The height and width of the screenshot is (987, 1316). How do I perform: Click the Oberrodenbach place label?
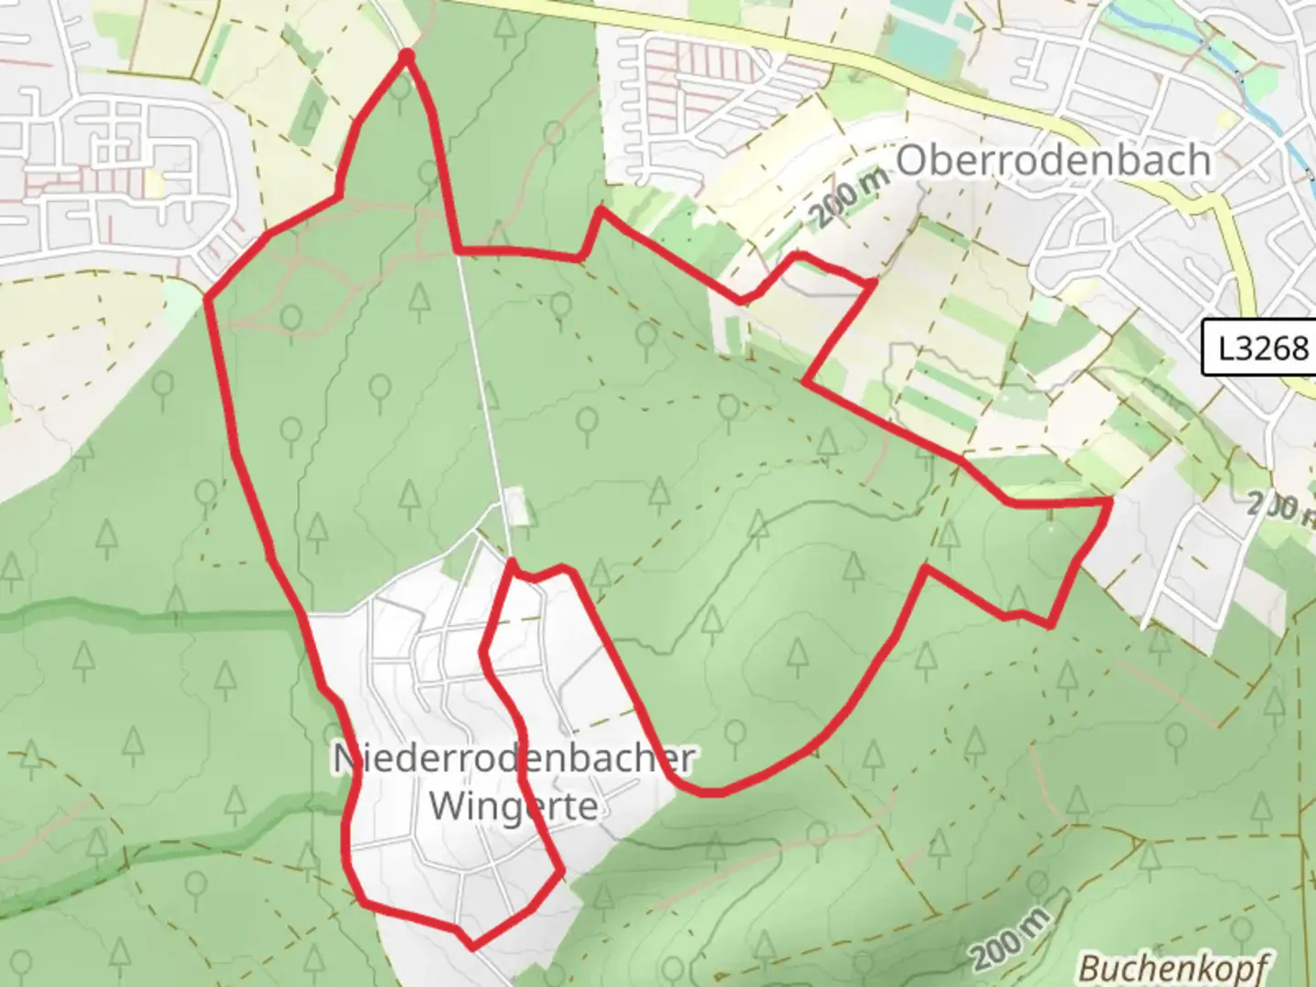pos(1054,161)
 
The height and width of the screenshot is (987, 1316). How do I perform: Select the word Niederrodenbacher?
pos(514,759)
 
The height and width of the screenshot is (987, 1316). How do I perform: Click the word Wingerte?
pos(514,805)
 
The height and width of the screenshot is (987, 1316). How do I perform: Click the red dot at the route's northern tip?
pos(407,58)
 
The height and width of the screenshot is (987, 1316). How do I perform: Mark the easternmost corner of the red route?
pos(1110,502)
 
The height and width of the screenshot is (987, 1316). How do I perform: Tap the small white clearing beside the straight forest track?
pos(517,507)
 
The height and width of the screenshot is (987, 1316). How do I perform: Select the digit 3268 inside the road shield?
pos(1272,347)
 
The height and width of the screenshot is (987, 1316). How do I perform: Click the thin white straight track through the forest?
pos(480,384)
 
